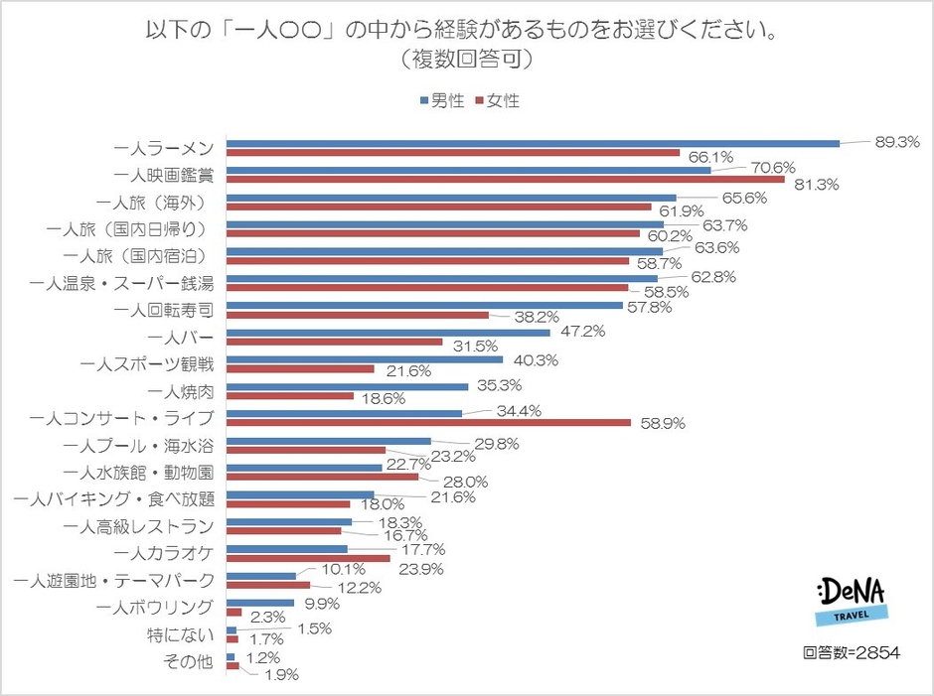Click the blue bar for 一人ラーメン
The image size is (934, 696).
pos(534,143)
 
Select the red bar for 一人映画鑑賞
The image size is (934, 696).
pos(506,181)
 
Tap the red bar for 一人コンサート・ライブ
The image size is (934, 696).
pos(429,422)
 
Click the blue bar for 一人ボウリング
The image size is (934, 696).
pos(260,602)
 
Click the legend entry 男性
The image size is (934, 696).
pos(441,100)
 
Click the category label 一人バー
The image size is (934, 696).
pos(183,337)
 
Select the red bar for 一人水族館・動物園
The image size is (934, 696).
pos(323,477)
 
